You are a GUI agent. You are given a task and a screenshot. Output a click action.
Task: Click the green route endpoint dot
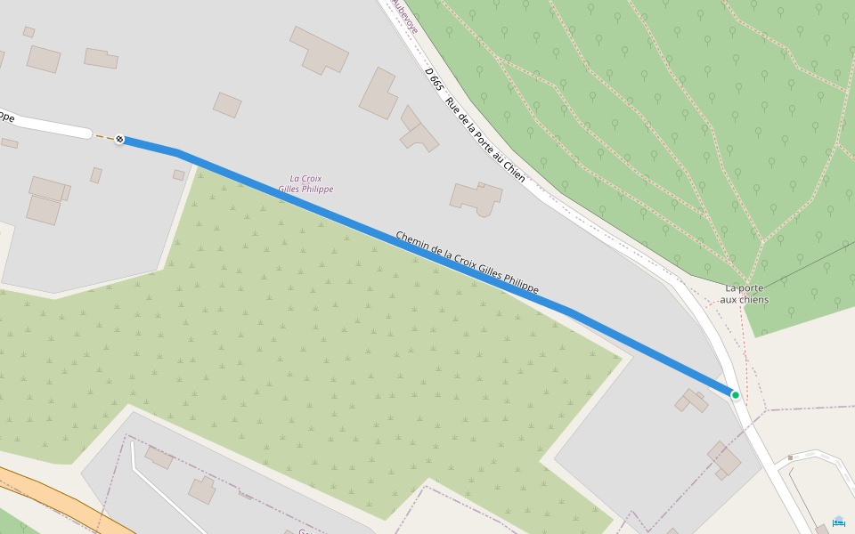point(735,394)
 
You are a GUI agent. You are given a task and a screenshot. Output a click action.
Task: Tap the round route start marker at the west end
point(119,140)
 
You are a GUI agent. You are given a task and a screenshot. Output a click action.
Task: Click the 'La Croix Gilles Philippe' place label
point(305,183)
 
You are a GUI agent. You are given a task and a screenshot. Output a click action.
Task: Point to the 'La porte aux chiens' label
point(746,294)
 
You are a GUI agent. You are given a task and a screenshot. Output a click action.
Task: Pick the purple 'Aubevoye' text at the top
point(404,16)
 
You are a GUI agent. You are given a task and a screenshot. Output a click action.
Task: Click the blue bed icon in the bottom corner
point(838,522)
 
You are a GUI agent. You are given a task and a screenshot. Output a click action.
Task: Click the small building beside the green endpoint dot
point(691,400)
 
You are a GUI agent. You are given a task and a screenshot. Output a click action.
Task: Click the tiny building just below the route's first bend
point(179,174)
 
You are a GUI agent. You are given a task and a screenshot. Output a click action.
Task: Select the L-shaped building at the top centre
point(319,50)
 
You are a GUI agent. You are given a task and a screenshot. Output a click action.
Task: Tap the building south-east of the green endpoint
point(724,460)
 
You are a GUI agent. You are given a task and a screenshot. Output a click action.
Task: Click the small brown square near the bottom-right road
point(790,458)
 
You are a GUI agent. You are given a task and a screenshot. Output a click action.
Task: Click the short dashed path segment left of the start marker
point(103,137)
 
